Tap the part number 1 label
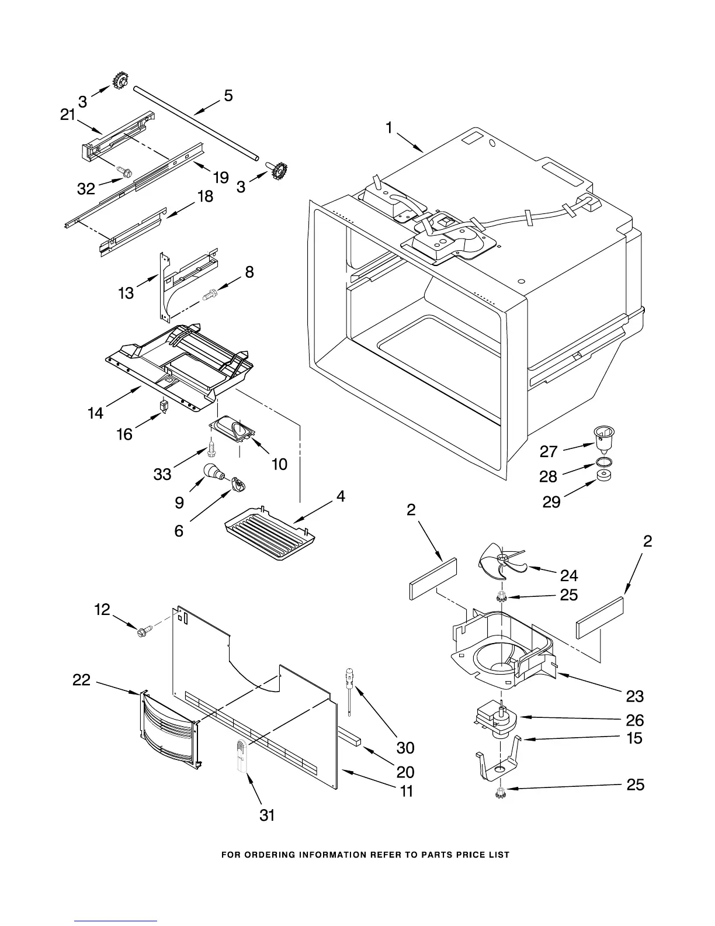click(389, 128)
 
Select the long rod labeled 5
click(196, 122)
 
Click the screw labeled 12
click(143, 631)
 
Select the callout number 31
click(267, 815)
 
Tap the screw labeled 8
click(209, 296)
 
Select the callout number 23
click(635, 696)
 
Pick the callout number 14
click(95, 413)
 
